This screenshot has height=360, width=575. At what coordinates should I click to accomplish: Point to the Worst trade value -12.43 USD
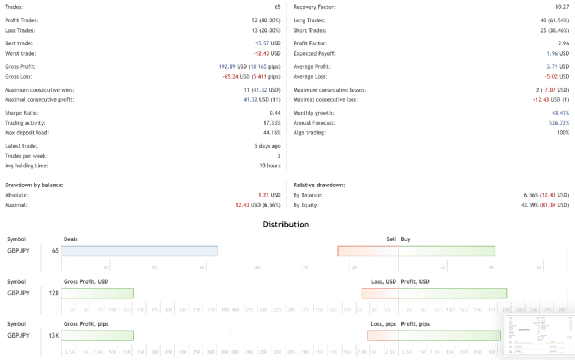pos(267,53)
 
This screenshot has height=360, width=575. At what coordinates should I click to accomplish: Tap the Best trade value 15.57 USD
pos(268,43)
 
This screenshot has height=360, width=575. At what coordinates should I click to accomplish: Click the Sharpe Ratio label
pos(21,113)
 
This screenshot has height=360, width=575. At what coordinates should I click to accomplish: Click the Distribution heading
pos(286,225)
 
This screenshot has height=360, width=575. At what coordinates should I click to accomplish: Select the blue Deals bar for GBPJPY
pos(139,251)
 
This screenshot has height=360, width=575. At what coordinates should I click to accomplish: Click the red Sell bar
pos(368,251)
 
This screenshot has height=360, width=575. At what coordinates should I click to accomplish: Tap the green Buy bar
pos(446,251)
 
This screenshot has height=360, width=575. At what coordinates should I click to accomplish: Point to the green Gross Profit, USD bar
pos(97,293)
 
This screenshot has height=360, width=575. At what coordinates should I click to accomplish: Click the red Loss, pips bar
pos(383,335)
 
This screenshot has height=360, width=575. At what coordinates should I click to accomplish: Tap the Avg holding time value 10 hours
pos(269,166)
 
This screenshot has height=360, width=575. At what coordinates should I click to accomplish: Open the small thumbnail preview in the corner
pos(538,335)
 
